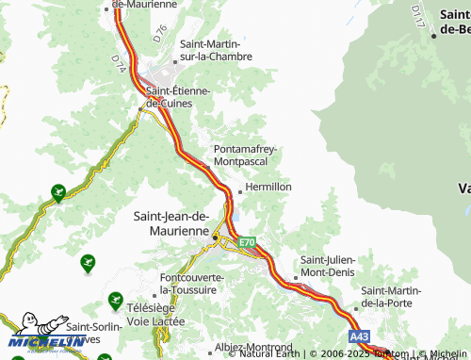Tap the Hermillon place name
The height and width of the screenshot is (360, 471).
[268, 187]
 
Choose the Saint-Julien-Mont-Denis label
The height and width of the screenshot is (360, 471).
[333, 266]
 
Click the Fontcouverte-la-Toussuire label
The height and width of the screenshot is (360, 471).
[193, 284]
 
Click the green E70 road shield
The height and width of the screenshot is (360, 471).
[247, 242]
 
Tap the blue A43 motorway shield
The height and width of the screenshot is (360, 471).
[358, 335]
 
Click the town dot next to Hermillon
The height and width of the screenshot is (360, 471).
[240, 191]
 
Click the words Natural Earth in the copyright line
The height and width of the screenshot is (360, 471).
[269, 354]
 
